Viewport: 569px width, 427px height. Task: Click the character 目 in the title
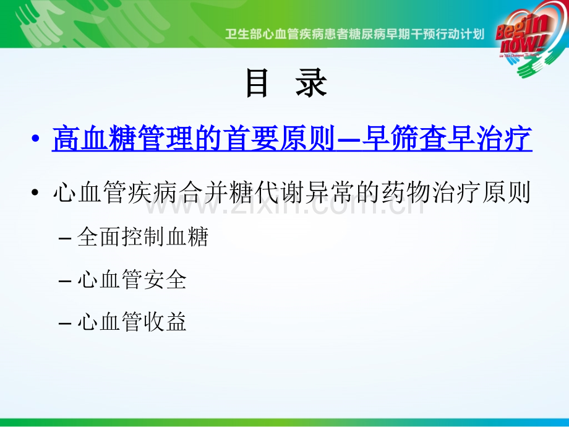[257, 83]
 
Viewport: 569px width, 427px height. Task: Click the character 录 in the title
[311, 83]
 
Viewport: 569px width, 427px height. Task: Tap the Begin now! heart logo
[531, 38]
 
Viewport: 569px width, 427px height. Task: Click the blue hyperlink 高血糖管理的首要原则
[193, 138]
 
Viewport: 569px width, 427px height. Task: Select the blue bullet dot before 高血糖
[35, 139]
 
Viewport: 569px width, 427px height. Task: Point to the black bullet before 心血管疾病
[35, 192]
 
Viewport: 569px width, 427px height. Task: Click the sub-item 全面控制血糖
[143, 237]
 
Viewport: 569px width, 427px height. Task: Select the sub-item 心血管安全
[132, 279]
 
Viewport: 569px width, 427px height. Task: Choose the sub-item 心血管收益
[132, 321]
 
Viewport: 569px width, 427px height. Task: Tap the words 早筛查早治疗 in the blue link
[447, 138]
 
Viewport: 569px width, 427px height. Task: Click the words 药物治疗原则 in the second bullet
[456, 192]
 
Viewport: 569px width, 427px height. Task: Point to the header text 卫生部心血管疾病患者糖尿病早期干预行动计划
[354, 35]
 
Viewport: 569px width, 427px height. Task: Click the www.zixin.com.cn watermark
[285, 205]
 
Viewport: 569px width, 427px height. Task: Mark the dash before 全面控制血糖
[64, 239]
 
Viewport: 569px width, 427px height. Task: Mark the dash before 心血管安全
[64, 281]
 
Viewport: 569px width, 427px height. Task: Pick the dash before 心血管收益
[64, 323]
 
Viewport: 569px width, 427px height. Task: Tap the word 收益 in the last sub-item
[165, 321]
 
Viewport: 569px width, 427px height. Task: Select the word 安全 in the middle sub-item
[165, 279]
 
